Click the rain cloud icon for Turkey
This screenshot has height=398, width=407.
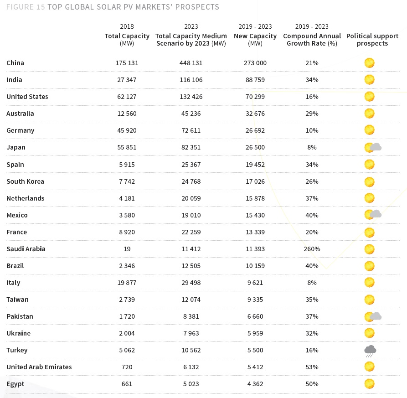click(x=370, y=351)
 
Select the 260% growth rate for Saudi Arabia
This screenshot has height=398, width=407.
click(x=312, y=249)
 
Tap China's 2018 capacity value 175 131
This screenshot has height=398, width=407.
click(x=127, y=63)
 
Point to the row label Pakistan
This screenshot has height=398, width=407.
click(x=20, y=316)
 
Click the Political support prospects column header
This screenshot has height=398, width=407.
click(x=372, y=40)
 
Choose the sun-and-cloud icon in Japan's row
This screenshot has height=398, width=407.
click(x=373, y=147)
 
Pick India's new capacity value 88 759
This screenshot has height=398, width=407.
click(x=255, y=80)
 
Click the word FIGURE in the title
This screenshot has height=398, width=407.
click(x=19, y=7)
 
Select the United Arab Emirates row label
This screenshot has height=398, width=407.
click(x=39, y=367)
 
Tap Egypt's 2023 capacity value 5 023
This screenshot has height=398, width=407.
click(x=191, y=384)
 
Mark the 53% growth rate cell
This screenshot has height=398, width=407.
click(x=312, y=367)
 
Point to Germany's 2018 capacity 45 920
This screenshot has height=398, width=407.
click(x=127, y=130)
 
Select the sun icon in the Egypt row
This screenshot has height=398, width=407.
click(x=369, y=384)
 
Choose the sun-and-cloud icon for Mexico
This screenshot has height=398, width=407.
click(x=373, y=215)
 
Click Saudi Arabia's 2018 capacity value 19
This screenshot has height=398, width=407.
click(x=127, y=249)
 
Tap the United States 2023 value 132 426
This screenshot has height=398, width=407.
click(x=191, y=97)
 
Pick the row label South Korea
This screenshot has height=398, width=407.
click(x=25, y=181)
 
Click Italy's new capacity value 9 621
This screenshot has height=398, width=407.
click(x=255, y=283)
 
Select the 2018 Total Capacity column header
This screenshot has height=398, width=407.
click(x=127, y=36)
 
